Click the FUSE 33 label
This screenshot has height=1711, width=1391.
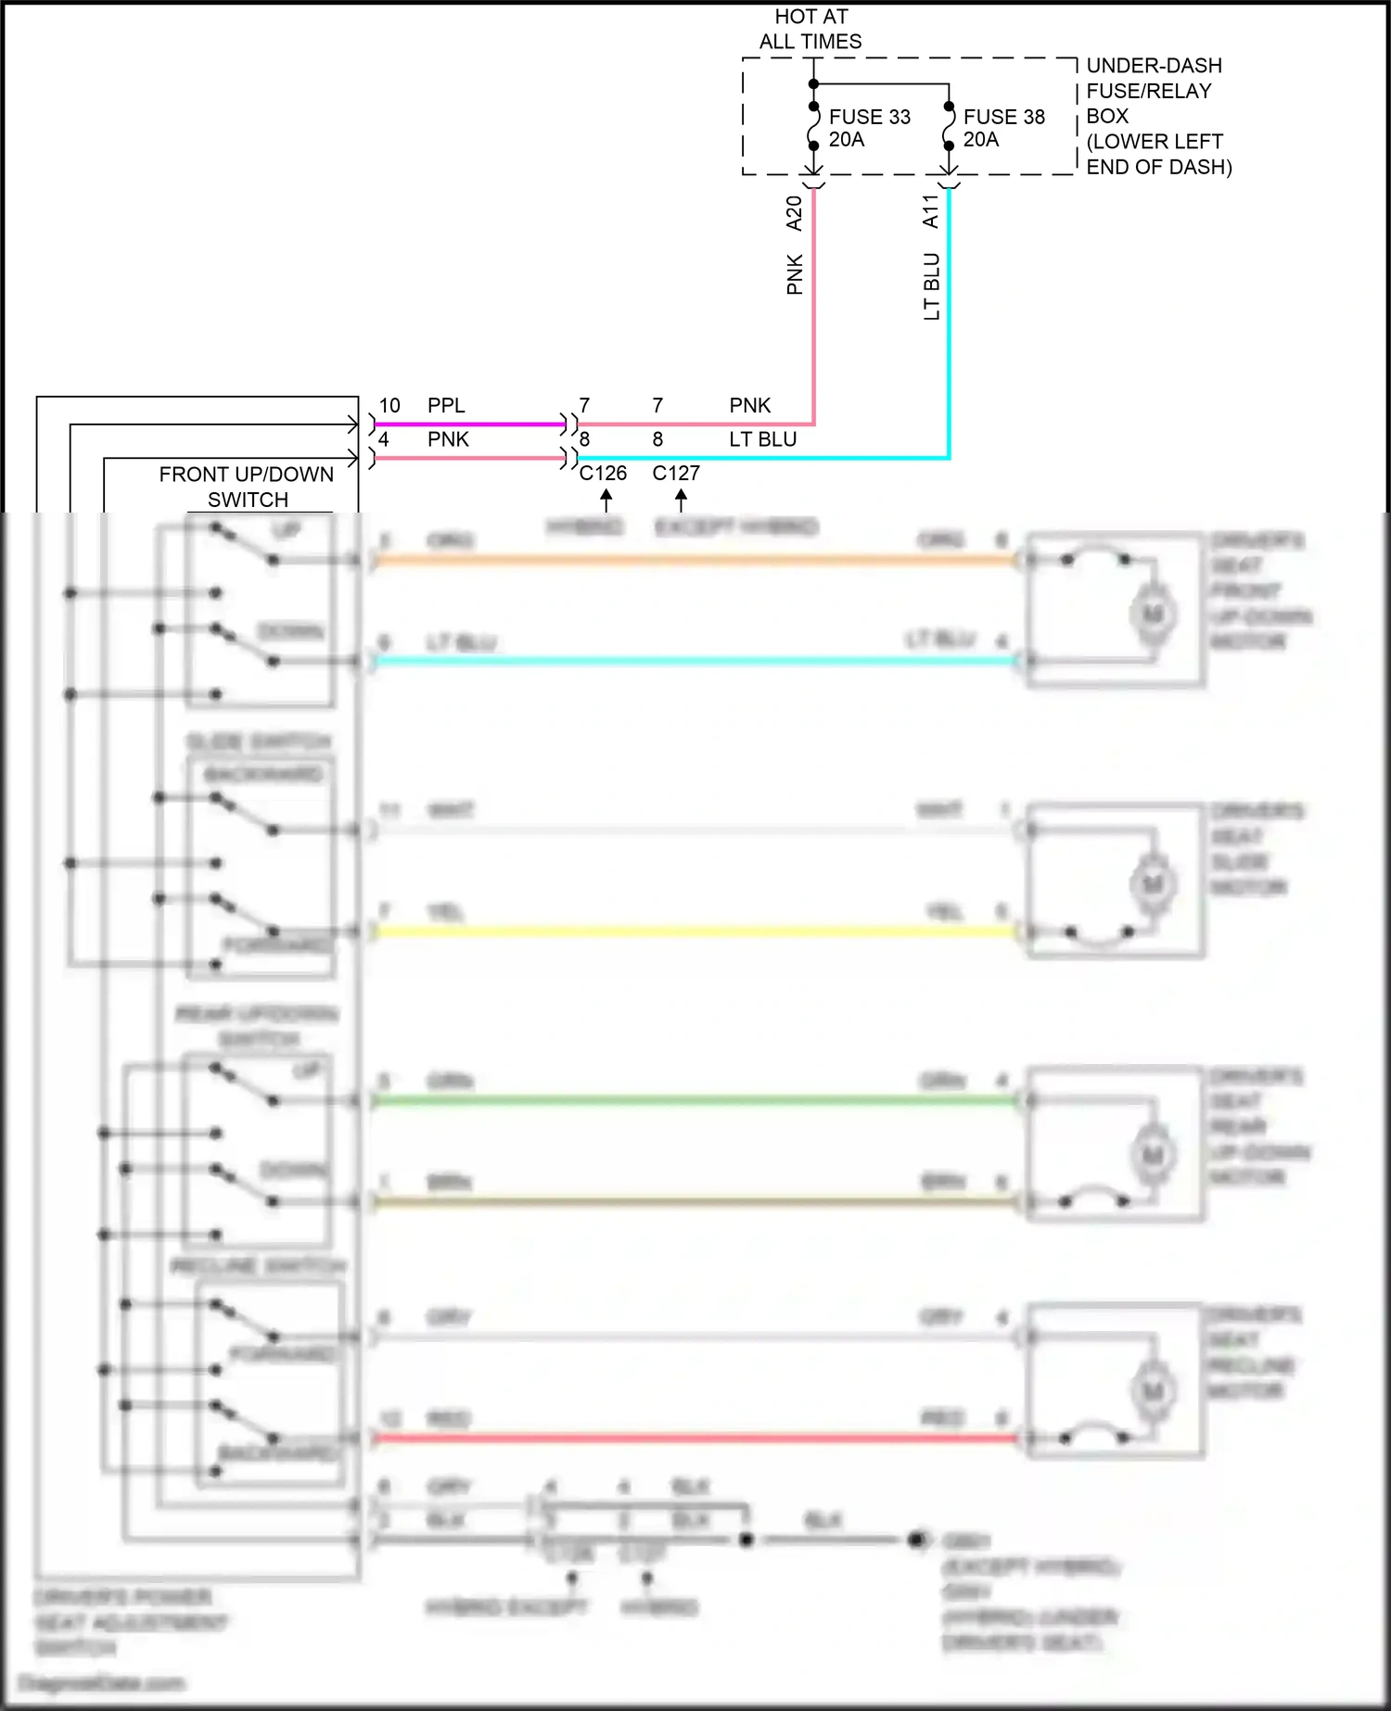click(x=869, y=117)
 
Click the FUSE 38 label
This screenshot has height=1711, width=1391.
click(x=1003, y=117)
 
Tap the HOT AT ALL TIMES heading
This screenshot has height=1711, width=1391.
click(x=810, y=29)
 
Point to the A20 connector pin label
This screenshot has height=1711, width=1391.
click(x=795, y=213)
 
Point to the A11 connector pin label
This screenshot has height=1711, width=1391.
click(x=931, y=211)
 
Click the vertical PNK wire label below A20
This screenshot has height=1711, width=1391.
click(x=795, y=274)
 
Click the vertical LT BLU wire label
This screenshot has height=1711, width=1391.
click(x=932, y=286)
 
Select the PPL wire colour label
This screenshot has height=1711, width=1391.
click(x=446, y=406)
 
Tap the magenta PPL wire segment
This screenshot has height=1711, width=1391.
click(x=468, y=425)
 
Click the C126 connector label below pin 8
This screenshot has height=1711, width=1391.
click(x=603, y=474)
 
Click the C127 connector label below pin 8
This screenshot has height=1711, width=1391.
click(x=676, y=474)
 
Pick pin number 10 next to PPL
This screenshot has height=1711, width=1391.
click(x=389, y=406)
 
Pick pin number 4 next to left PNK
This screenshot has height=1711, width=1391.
click(x=383, y=439)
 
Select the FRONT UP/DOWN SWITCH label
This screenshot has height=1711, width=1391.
click(x=247, y=487)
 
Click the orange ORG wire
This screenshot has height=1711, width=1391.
click(x=695, y=560)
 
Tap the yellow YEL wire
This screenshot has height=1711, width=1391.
click(x=695, y=932)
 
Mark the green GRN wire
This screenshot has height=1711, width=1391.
click(x=695, y=1101)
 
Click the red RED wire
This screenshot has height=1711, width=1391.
click(x=695, y=1439)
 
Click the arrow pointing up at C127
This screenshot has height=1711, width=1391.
click(x=682, y=501)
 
